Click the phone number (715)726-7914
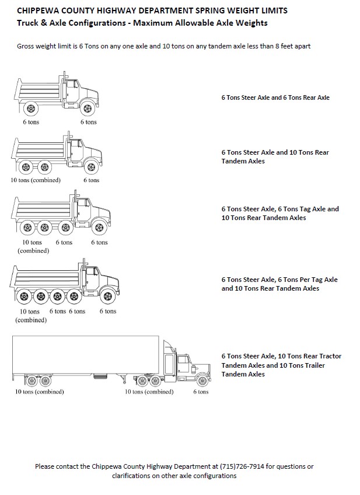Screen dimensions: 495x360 coord(243,466)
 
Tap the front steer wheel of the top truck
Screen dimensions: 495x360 coord(88,108)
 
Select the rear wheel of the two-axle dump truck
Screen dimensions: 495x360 coord(30,108)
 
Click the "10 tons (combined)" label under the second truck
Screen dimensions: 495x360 coord(35,180)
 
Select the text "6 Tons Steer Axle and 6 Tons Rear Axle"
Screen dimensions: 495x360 coord(275,97)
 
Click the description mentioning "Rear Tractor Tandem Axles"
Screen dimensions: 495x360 coord(281,365)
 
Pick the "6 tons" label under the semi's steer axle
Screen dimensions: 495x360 coord(201,392)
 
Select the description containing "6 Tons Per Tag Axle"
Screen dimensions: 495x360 coord(279,284)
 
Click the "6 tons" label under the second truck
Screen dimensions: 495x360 coord(91,180)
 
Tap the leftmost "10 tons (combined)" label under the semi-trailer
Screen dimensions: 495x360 coord(39,392)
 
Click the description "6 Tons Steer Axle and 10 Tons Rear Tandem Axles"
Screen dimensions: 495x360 coord(275,156)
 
